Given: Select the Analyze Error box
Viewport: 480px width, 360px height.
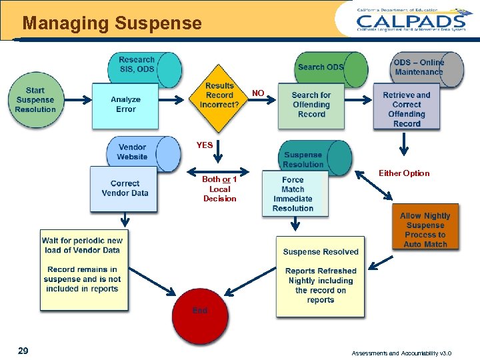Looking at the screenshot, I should [125, 105].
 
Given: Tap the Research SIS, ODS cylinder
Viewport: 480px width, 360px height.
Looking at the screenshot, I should [143, 67].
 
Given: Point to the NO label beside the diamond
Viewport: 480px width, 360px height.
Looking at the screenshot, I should [258, 93].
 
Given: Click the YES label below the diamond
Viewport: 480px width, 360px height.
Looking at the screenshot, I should [205, 145].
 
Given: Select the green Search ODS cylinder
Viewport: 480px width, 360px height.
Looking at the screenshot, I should [330, 67].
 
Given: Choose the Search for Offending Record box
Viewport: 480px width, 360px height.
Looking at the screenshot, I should [311, 105].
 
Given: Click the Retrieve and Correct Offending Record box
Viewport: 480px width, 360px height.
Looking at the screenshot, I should [407, 108].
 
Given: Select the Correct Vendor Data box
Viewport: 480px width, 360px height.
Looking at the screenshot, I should [124, 189].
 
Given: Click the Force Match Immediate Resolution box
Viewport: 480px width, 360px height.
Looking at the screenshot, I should [293, 194].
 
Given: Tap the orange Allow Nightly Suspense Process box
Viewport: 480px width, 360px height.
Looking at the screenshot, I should [425, 229].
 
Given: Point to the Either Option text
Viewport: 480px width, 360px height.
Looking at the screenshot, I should [404, 173].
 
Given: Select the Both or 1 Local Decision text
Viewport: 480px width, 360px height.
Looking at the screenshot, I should [219, 189].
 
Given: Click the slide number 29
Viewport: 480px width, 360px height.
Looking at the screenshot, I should [23, 351].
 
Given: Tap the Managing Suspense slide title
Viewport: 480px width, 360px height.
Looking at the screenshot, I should [112, 24].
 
